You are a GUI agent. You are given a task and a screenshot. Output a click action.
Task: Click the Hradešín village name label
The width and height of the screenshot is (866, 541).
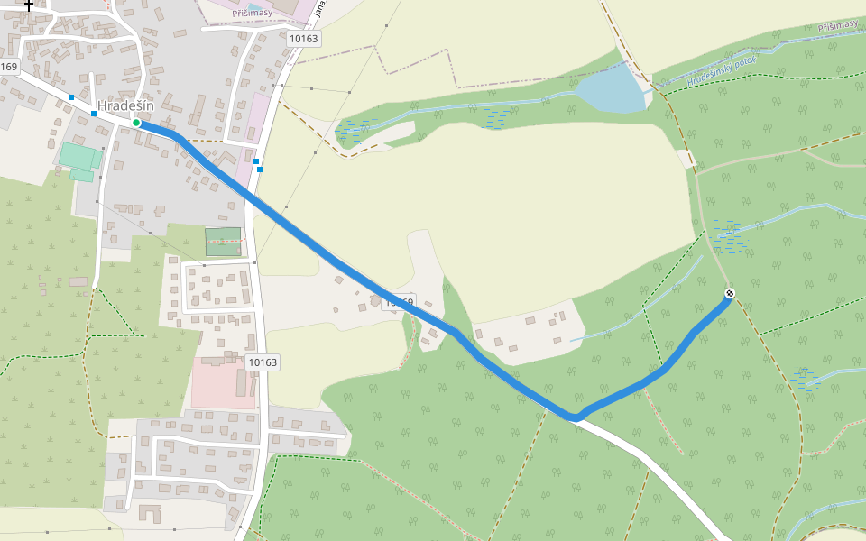(x=125, y=105)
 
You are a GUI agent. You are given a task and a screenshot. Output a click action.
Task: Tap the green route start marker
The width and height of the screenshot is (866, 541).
(x=136, y=122)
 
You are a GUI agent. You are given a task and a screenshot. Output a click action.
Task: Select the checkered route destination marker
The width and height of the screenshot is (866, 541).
(x=730, y=293)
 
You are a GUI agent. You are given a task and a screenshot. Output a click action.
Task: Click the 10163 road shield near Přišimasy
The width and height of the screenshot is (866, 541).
(x=304, y=39)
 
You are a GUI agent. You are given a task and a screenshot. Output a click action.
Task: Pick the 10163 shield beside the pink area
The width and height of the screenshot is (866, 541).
(x=263, y=362)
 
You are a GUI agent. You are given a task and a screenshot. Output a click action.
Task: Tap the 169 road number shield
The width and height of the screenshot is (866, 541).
(x=9, y=67)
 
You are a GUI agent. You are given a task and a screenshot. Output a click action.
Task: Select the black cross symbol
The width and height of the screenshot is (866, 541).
(x=29, y=5)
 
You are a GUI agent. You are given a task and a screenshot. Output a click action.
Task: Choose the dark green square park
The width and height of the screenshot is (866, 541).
(x=223, y=242)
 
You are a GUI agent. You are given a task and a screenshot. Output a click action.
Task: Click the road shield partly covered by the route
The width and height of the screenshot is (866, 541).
(x=400, y=303)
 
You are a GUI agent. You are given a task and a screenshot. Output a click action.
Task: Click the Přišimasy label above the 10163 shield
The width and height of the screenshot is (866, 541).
(x=252, y=13)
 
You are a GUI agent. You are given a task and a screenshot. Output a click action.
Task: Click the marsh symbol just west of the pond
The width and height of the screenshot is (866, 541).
(x=494, y=118)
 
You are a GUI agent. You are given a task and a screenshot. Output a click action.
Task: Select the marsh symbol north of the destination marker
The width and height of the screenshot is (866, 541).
(x=727, y=235)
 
